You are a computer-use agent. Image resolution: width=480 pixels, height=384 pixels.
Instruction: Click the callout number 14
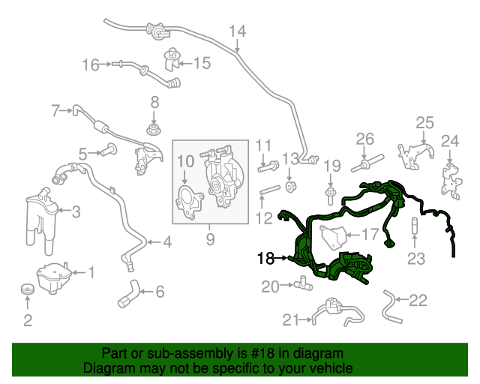[x=237, y=31]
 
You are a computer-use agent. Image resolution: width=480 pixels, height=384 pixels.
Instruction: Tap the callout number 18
[x=265, y=259]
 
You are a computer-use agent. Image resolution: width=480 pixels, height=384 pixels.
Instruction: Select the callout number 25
[x=424, y=123]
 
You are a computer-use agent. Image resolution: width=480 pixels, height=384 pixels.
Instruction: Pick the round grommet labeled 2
[x=27, y=290]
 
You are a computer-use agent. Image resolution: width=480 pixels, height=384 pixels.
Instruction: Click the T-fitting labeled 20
[x=304, y=284]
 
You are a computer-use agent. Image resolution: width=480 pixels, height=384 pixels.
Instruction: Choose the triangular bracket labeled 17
[x=333, y=237]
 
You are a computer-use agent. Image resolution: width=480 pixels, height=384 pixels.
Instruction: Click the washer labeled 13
[x=289, y=185]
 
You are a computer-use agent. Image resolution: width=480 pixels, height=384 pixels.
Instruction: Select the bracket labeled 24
[x=450, y=175]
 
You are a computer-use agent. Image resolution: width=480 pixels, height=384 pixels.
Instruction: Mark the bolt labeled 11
[x=264, y=166]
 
